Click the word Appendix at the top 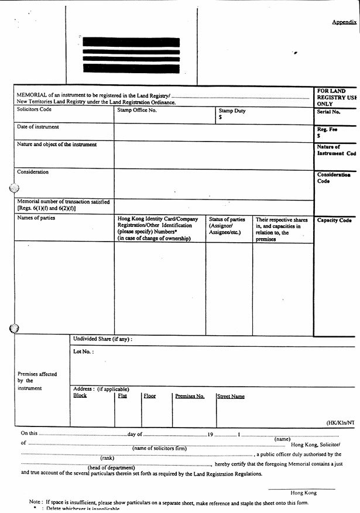coord(344,22)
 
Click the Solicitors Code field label coord(34,109)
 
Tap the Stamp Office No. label coord(137,110)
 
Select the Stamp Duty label coord(232,111)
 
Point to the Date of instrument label coord(38,127)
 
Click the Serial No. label coord(328,112)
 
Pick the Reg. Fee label coord(327,129)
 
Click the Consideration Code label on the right coord(334,178)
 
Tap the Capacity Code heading coord(334,221)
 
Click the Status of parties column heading coord(227,220)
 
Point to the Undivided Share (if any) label coord(102,339)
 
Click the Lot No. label coord(83,352)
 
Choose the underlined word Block coord(80,396)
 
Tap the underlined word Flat coord(122,396)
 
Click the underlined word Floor coord(150,396)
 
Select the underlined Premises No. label coord(190,397)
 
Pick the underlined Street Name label coord(231,397)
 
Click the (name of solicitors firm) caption coord(159,449)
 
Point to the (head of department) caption coord(111,467)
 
